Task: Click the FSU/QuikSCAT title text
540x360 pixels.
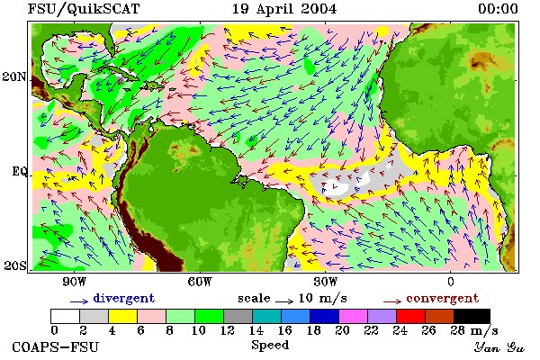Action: pos(84,9)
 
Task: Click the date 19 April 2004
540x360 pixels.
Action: pos(284,9)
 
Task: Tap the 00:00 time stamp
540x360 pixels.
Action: pos(498,9)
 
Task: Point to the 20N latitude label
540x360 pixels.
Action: pos(14,76)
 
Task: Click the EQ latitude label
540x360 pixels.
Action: pos(20,171)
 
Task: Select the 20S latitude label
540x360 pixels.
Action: pos(15,265)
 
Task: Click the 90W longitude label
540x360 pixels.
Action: pos(75,282)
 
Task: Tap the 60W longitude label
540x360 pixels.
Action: pos(200,282)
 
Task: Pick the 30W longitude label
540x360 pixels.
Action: pos(326,282)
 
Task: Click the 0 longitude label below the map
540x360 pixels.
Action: pos(451,282)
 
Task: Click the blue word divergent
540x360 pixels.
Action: pos(124,298)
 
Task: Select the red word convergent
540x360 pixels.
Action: pos(443,298)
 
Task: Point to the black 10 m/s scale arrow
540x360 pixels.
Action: pos(284,301)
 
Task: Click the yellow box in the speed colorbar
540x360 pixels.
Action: pos(122,316)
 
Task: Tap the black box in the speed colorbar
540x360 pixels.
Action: pos(472,316)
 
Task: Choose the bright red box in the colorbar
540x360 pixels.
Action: pos(411,316)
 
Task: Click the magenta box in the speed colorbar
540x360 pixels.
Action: pos(354,316)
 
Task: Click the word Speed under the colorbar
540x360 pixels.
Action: pos(270,346)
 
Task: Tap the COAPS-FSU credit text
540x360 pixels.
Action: pos(56,346)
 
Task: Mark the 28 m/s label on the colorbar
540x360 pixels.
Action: pos(474,331)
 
